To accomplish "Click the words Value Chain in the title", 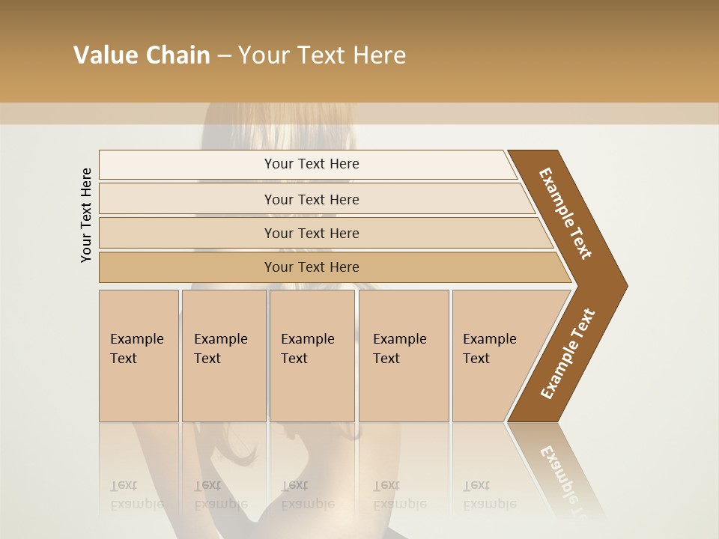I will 142,55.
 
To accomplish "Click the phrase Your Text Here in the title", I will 322,55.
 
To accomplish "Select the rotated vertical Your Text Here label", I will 86,215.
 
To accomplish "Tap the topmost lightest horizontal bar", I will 312,164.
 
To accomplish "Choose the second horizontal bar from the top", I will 312,199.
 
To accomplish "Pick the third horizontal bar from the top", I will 312,233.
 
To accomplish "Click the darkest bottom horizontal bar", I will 312,267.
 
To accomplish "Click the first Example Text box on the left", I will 139,356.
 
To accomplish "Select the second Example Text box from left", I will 223,356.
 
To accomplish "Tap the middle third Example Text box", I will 312,356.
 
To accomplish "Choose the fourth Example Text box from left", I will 403,356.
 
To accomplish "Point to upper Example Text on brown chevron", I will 565,213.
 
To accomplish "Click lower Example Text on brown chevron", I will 567,354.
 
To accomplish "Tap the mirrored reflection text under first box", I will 137,495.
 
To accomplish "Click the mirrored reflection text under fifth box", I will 489,495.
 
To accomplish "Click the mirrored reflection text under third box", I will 307,495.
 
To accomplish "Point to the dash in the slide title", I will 224,56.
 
